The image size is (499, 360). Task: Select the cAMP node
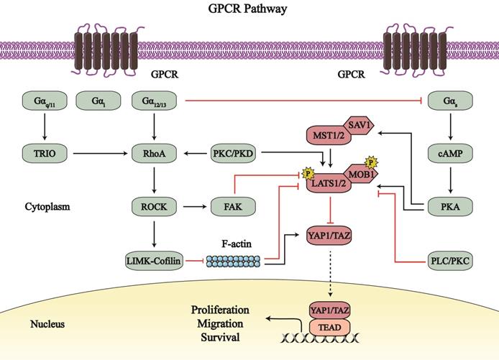[x=451, y=152]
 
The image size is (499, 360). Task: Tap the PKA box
[x=451, y=208]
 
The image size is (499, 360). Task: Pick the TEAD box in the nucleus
[x=330, y=326]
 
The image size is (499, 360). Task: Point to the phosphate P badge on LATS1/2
[x=308, y=174]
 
